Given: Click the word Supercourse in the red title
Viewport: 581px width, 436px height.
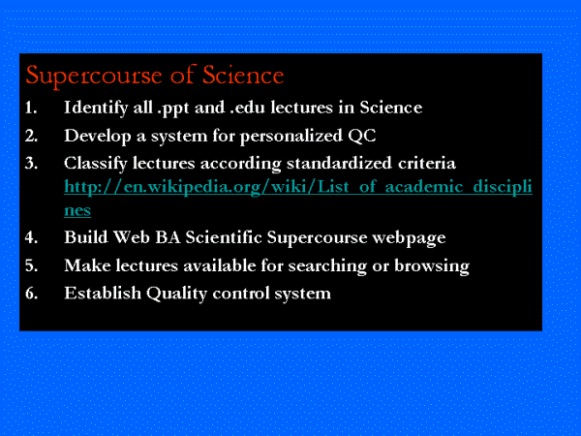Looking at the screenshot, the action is tap(94, 76).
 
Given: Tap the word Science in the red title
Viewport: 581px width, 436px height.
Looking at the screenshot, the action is tap(243, 75).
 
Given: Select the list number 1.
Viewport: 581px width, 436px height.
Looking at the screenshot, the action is tap(31, 108).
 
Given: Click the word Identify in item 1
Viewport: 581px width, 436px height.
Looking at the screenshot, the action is tap(96, 109).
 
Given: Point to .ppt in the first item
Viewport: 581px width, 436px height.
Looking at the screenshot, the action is tap(173, 109).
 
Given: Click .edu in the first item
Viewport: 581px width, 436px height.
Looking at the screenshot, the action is tap(247, 108).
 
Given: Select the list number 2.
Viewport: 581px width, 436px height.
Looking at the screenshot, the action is tap(32, 136).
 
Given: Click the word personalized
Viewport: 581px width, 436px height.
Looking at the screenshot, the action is tap(291, 137).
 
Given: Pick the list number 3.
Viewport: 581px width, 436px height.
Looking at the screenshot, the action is tap(32, 164).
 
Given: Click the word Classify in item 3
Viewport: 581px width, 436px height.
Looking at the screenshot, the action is tap(96, 164).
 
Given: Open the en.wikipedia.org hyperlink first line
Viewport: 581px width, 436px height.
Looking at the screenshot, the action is tap(298, 187).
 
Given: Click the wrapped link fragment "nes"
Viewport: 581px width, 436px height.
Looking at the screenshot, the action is tap(77, 210).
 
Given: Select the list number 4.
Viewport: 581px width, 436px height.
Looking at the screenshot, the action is tap(32, 237).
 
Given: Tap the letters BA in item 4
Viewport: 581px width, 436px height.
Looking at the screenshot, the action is tap(168, 237).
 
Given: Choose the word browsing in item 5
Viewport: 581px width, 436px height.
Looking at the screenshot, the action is tap(432, 266).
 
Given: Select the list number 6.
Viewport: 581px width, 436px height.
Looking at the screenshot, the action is tap(32, 294).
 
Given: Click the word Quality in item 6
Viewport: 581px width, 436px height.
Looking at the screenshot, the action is tap(176, 294).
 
